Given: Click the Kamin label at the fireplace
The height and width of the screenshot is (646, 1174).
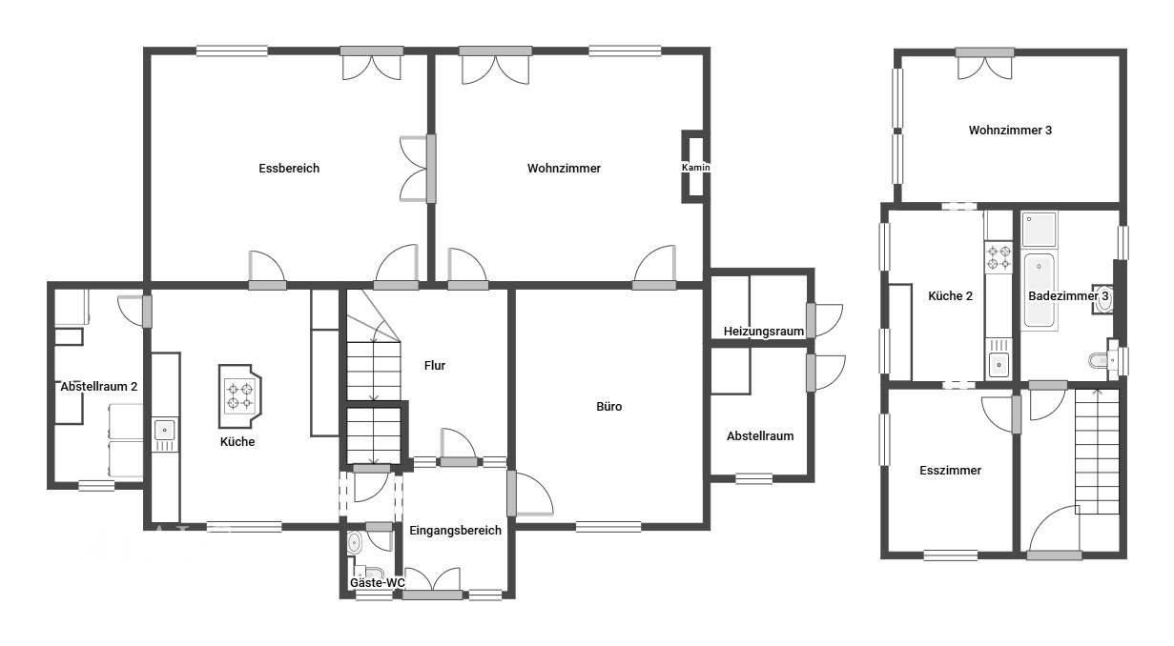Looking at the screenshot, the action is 695,168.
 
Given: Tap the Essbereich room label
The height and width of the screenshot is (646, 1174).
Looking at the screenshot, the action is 289,168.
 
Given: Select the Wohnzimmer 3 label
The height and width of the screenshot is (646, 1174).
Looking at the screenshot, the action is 1010,130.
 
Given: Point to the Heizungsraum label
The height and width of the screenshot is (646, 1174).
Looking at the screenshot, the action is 764,331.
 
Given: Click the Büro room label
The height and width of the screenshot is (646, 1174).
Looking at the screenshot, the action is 609,406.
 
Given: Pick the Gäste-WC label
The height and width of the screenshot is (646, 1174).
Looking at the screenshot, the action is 378,582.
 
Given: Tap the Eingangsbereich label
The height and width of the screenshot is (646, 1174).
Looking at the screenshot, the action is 455,531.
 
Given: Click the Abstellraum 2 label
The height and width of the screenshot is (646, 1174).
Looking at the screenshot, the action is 98,386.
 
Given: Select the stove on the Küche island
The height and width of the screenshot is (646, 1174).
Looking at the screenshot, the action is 239,396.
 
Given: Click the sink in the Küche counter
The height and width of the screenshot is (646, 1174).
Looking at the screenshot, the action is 165,431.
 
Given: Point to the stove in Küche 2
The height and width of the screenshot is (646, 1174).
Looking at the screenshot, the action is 999,257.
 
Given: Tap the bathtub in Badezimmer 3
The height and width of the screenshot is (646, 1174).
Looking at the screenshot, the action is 1039,290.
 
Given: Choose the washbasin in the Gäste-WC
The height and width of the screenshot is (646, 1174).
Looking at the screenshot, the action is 354,543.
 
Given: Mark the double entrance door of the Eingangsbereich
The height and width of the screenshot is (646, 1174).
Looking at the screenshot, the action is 432,582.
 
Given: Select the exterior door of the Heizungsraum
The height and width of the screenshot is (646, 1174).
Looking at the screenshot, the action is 824,320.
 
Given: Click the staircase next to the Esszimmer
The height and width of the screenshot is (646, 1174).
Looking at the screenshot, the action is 1097,452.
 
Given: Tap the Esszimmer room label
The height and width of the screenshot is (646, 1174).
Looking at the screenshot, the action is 950,470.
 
